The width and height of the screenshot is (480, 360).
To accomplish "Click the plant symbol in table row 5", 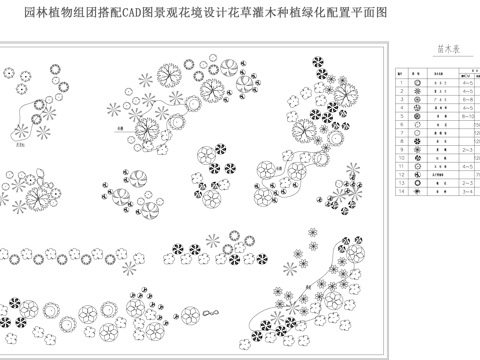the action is [x=416, y=117].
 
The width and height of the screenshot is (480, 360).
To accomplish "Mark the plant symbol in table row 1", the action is [x=416, y=82].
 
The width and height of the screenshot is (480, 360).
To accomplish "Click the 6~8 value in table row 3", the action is [x=468, y=100].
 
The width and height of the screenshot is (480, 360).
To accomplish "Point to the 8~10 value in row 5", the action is [x=468, y=117].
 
